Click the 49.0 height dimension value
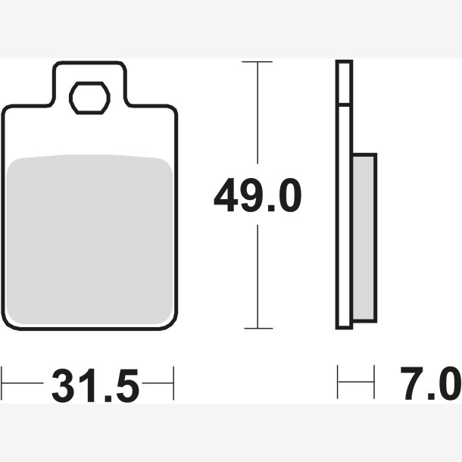tap(258, 195)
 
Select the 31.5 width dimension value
tap(95, 386)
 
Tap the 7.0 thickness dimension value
tap(431, 383)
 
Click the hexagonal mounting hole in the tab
tap(89, 98)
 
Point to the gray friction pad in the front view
tap(89, 239)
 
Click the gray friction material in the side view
tap(364, 238)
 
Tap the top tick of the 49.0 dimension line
tap(257, 62)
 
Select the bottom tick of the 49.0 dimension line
tap(258, 328)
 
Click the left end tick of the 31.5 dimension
tap(2, 383)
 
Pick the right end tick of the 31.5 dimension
tap(173, 383)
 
